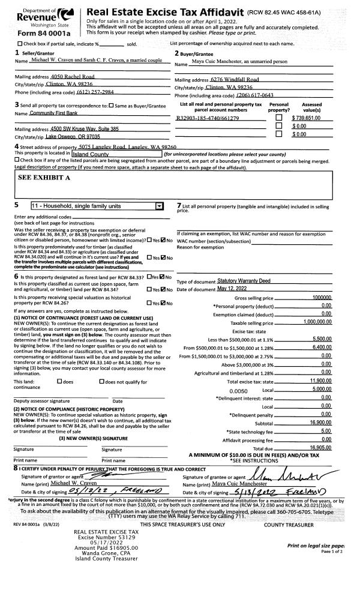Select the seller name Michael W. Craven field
coord(97,61)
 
